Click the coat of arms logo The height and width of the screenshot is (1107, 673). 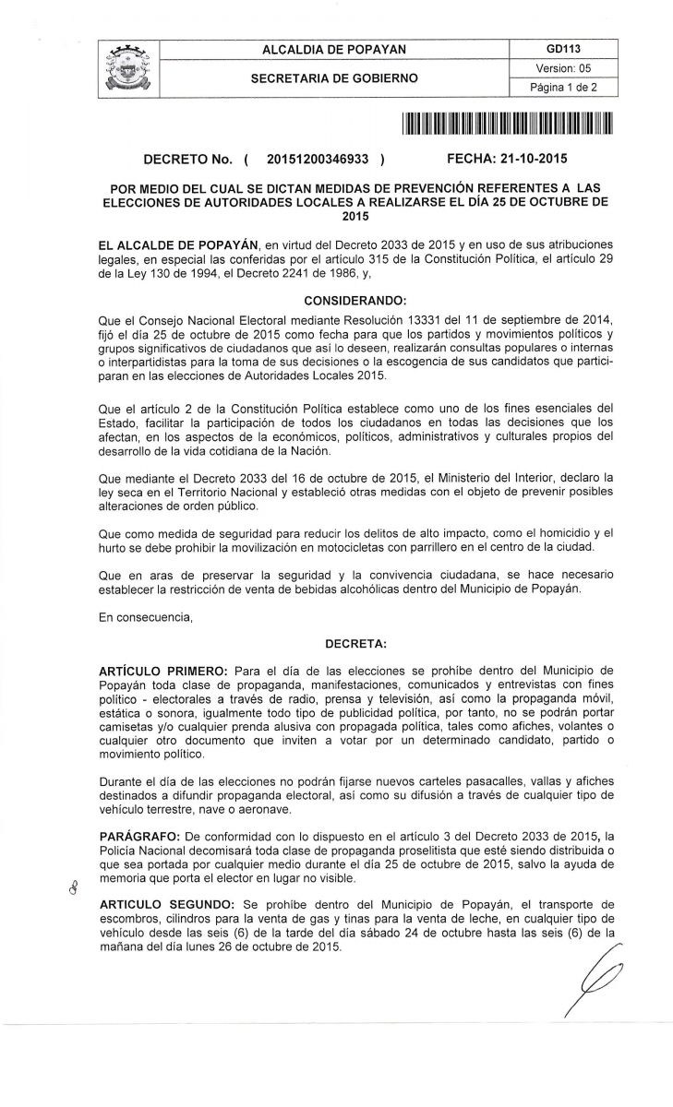128,67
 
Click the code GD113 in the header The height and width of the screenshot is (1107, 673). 562,48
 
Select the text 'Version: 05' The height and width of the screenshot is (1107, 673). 562,67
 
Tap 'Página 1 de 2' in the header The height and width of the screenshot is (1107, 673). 562,87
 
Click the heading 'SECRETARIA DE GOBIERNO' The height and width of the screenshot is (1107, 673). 334,77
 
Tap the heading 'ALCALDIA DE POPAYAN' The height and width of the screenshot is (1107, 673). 334,48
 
